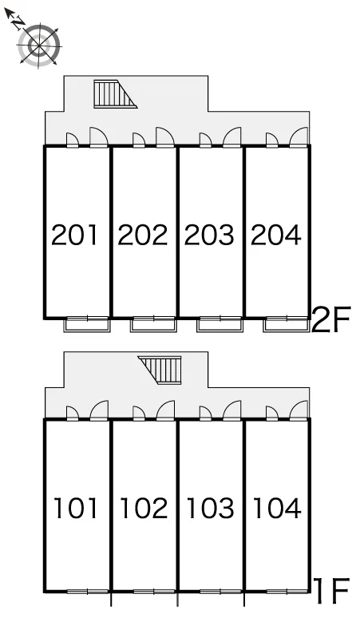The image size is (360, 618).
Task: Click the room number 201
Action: (74, 235)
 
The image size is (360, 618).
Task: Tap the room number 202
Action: (143, 235)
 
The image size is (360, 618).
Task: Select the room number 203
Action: (209, 235)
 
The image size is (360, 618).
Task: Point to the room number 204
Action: (276, 235)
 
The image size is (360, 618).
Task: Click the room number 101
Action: (75, 508)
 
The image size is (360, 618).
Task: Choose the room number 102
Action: (144, 508)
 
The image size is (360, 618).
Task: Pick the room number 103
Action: (210, 508)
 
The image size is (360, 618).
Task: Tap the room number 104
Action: (277, 508)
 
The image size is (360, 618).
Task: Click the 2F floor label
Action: (330, 319)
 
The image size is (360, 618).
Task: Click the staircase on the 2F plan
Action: (115, 93)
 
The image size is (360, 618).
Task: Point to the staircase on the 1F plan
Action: (160, 370)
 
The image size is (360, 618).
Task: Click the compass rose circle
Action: (39, 45)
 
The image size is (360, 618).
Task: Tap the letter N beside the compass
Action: (18, 23)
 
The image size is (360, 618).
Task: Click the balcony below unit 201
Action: (87, 324)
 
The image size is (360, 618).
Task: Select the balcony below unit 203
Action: (220, 324)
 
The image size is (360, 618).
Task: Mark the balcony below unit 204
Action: (286, 324)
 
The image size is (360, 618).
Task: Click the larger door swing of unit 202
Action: (165, 137)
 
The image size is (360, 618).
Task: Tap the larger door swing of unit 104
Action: (299, 410)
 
